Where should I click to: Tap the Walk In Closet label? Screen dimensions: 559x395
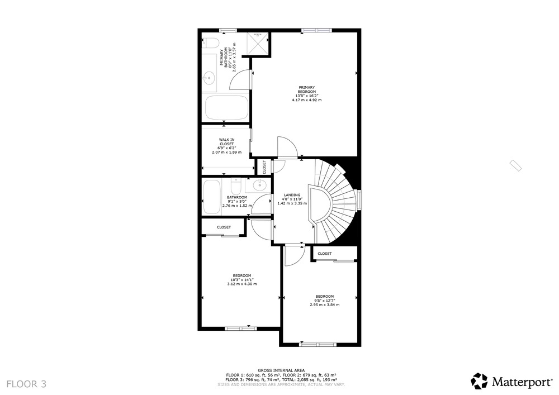coord(227,142)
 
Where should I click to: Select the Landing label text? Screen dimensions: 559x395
coord(292,195)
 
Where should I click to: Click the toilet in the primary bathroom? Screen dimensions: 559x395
coord(210,44)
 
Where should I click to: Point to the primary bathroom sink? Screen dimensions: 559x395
coord(209,77)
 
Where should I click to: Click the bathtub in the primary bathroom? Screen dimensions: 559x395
coord(226,108)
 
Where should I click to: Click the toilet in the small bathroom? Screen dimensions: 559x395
coord(236,184)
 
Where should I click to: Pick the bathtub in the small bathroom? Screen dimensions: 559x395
coord(211,197)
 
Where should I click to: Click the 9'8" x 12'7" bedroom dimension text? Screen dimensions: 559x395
coord(324,301)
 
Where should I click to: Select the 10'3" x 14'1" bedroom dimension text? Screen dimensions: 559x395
coord(241,279)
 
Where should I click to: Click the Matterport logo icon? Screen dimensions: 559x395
coord(479,381)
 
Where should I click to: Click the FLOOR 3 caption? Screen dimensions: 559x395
coord(26,384)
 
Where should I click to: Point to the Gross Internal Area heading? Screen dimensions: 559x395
coord(281,370)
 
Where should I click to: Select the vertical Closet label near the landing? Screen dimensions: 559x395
coord(264,166)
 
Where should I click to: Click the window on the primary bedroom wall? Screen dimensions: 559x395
coord(316,31)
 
